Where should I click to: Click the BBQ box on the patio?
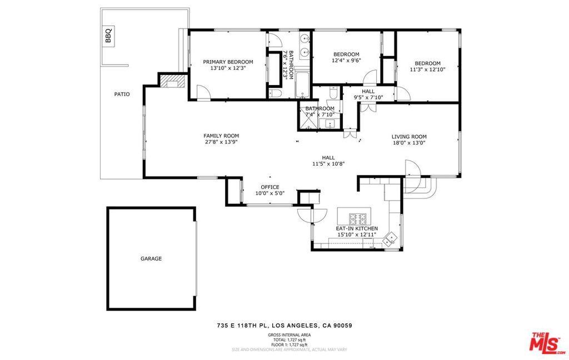[108, 36]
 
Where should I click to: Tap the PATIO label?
[122, 94]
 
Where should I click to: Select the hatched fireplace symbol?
[173, 81]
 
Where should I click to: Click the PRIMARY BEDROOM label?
[228, 62]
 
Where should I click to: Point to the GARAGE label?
[151, 259]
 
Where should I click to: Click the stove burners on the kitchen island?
[358, 219]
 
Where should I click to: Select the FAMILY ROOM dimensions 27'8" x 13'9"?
[221, 142]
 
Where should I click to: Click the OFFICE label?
[270, 187]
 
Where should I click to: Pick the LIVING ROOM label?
[409, 137]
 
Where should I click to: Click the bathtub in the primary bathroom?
[302, 85]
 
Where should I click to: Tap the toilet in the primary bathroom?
[276, 94]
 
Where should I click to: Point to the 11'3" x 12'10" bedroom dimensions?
[427, 69]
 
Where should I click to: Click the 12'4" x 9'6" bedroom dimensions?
[346, 61]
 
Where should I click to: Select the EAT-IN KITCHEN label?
[357, 229]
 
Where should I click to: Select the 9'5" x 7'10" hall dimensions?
[368, 97]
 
